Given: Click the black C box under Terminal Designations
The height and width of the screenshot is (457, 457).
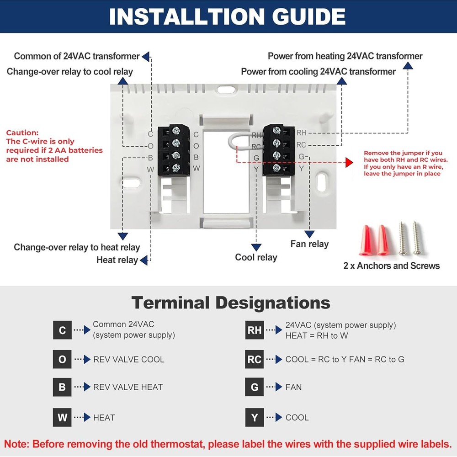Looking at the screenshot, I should tap(62, 330).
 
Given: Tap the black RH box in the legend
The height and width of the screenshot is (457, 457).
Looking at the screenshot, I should tap(255, 330).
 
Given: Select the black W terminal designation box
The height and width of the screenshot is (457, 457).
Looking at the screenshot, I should tap(62, 417).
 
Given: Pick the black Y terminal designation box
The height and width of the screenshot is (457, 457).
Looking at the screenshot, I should tap(255, 417).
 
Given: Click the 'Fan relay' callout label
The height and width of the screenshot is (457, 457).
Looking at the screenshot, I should tap(309, 244).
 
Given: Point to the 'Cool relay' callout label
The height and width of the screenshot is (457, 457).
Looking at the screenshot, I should tap(256, 257).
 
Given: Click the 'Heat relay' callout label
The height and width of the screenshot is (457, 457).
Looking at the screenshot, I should tap(117, 260).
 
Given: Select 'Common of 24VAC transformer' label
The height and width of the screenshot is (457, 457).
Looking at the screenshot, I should tap(76, 56).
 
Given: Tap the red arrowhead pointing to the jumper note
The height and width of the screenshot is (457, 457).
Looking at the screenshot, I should tap(350, 163).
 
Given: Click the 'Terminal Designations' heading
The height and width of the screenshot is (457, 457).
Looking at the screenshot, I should tap(231, 303).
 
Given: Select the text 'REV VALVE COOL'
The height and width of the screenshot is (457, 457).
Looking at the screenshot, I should tap(128, 360).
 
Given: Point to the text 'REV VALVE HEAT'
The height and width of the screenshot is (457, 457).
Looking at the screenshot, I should tap(128, 387).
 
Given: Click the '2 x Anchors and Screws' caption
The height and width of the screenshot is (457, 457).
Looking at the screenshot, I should tap(391, 266).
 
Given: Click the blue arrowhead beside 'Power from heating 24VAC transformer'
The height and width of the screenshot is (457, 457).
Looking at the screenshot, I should tap(408, 66).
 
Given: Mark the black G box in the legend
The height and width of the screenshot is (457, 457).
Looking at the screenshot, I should tap(255, 387).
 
